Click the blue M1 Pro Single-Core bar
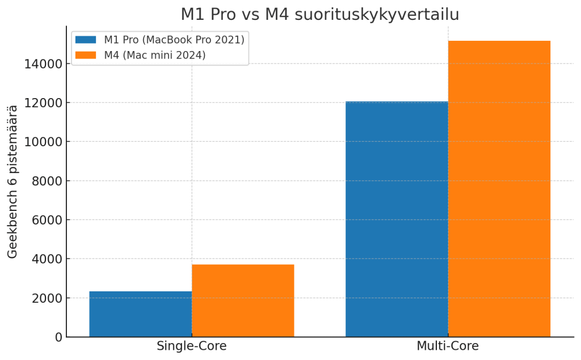(x=140, y=314)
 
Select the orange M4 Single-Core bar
(x=243, y=300)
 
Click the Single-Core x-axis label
(x=191, y=346)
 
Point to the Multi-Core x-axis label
(x=448, y=346)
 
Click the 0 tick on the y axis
(x=57, y=337)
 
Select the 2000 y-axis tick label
(x=45, y=298)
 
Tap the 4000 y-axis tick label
(x=45, y=259)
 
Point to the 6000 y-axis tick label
(x=45, y=220)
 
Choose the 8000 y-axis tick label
(x=45, y=181)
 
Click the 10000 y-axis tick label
(x=42, y=142)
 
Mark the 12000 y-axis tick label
(x=42, y=103)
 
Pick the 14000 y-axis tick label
(x=42, y=64)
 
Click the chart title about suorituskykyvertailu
(x=319, y=14)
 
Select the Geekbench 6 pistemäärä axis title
(x=12, y=181)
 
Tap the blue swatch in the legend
(x=86, y=40)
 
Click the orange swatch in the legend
(x=86, y=55)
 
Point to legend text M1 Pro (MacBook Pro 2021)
(x=174, y=40)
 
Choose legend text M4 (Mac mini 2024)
(x=154, y=55)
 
